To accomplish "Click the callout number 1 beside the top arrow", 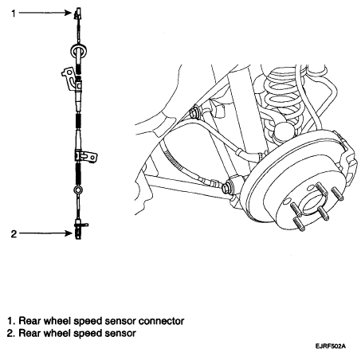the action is [14, 13].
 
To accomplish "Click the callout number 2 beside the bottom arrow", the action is [14, 233].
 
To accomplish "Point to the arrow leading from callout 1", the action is [45, 13].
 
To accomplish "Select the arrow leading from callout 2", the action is [45, 233].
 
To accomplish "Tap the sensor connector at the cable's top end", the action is [77, 14].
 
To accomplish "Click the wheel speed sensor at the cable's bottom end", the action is [78, 229].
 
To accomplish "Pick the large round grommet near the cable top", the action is [79, 50].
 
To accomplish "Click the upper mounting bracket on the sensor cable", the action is [69, 78].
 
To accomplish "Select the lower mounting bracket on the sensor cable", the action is [86, 156].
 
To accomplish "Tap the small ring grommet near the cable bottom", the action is [78, 190].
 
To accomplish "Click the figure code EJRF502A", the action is [331, 346].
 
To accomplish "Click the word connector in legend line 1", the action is [161, 321].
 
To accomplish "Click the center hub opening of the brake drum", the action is [312, 204].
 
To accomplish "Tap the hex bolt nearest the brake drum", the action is [226, 186].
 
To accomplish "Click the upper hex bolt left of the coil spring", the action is [194, 112].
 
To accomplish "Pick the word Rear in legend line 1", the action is [29, 321].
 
